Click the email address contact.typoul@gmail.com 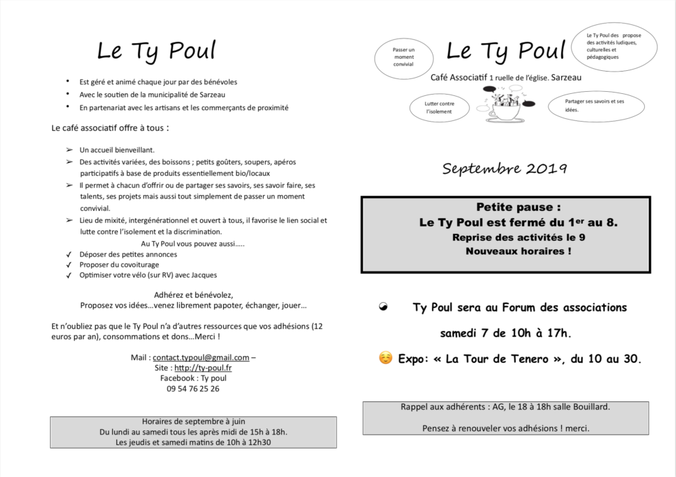click(201, 357)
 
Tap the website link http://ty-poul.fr click(203, 368)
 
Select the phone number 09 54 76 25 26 click(193, 388)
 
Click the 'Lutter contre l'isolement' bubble click(439, 107)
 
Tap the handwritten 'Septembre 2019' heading click(505, 169)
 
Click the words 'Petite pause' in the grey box click(518, 207)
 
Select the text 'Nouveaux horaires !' click(518, 251)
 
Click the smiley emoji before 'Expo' click(385, 358)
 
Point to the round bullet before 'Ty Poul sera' click(384, 307)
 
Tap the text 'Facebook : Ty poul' click(193, 378)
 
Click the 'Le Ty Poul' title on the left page click(157, 51)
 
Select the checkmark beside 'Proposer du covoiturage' click(69, 265)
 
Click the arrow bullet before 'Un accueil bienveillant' click(69, 150)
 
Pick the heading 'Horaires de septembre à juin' click(193, 422)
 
